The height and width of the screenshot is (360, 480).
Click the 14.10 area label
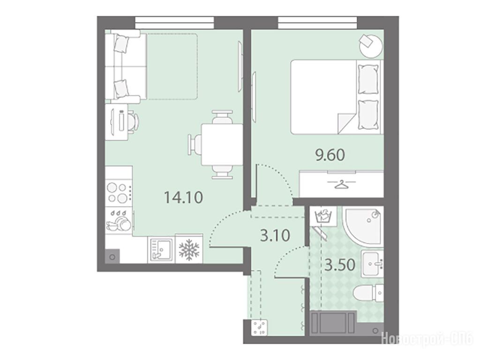pyautogui.click(x=183, y=197)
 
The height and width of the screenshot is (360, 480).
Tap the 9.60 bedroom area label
pyautogui.click(x=330, y=155)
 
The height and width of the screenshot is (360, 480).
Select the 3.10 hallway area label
pyautogui.click(x=275, y=236)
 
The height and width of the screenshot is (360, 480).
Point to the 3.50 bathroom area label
pyautogui.click(x=340, y=265)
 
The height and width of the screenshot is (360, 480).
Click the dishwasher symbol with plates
pyautogui.click(x=119, y=221)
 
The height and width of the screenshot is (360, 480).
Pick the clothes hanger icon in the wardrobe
pyautogui.click(x=341, y=185)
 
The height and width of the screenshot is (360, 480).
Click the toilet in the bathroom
pyautogui.click(x=368, y=293)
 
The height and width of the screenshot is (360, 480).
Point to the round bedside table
pyautogui.click(x=371, y=45)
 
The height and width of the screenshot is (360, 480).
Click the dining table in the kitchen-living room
pyautogui.click(x=222, y=144)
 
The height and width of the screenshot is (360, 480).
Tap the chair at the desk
pyautogui.click(x=133, y=122)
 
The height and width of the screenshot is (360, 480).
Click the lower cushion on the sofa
pyautogui.click(x=120, y=89)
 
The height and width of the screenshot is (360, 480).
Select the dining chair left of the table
pyautogui.click(x=195, y=144)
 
